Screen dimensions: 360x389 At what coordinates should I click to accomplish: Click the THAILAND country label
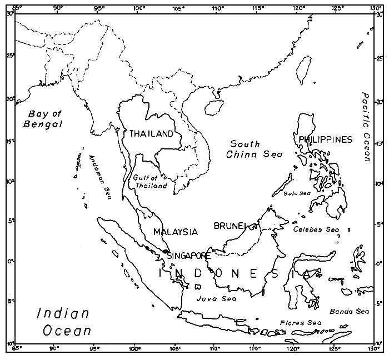(151, 134)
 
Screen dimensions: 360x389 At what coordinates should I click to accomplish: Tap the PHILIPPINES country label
(325, 139)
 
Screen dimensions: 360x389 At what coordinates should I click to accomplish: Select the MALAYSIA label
(176, 232)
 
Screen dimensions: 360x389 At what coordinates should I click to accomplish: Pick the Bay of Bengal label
(42, 119)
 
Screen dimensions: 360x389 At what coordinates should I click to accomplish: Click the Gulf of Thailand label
(150, 182)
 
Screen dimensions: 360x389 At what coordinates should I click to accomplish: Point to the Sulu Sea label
(296, 193)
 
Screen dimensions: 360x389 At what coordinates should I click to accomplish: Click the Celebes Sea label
(316, 229)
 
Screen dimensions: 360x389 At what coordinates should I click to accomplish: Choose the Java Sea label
(217, 298)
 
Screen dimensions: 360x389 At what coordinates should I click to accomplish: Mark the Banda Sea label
(349, 312)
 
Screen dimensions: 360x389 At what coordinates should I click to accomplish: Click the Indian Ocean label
(63, 322)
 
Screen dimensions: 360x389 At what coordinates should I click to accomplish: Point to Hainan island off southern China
(211, 106)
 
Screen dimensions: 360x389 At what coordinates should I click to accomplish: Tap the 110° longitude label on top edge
(217, 8)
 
